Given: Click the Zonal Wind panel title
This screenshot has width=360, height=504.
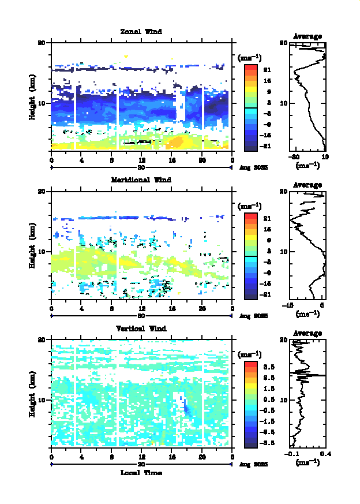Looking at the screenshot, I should [141, 31].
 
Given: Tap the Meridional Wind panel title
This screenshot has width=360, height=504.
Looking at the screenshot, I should [141, 180].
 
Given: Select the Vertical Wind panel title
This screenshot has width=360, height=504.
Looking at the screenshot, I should [141, 328].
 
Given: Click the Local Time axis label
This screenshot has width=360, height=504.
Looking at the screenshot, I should [141, 473].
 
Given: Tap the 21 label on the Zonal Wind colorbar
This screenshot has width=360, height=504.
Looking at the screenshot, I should [267, 70].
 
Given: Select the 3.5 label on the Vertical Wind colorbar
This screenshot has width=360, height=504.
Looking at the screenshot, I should [267, 367].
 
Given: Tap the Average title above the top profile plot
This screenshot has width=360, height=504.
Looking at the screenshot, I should [308, 36].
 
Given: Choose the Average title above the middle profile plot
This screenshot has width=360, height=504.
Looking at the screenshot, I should [308, 185].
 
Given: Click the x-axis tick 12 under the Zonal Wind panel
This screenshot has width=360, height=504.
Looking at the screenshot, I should [142, 160].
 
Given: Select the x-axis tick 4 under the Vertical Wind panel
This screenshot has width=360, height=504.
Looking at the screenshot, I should [82, 457].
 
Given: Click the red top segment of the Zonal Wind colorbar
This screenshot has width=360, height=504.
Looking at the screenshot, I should [250, 68].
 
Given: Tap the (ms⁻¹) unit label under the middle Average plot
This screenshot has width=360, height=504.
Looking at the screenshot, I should [307, 314].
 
